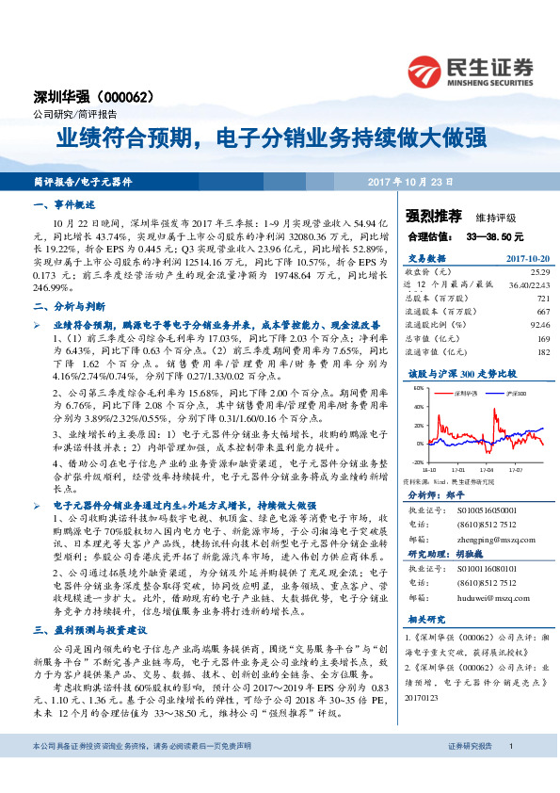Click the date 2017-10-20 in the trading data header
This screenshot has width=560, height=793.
point(527,257)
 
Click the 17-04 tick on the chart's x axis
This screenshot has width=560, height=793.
point(487,467)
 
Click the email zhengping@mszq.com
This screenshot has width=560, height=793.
point(483,542)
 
